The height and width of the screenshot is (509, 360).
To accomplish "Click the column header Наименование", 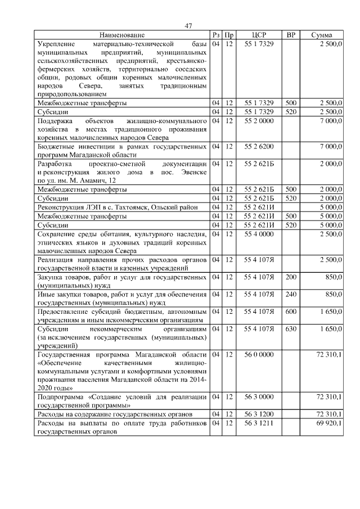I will pos(122,35).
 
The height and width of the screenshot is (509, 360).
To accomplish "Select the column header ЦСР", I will pos(259,35).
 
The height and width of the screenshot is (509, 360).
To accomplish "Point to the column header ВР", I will pos(291,35).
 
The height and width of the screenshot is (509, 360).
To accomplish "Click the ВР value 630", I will pos(291,328).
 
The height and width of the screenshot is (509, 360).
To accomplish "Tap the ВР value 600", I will pos(291,310).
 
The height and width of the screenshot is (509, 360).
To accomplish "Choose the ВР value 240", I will pos(291,294).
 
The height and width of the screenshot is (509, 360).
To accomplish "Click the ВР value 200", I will pos(291,277).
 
